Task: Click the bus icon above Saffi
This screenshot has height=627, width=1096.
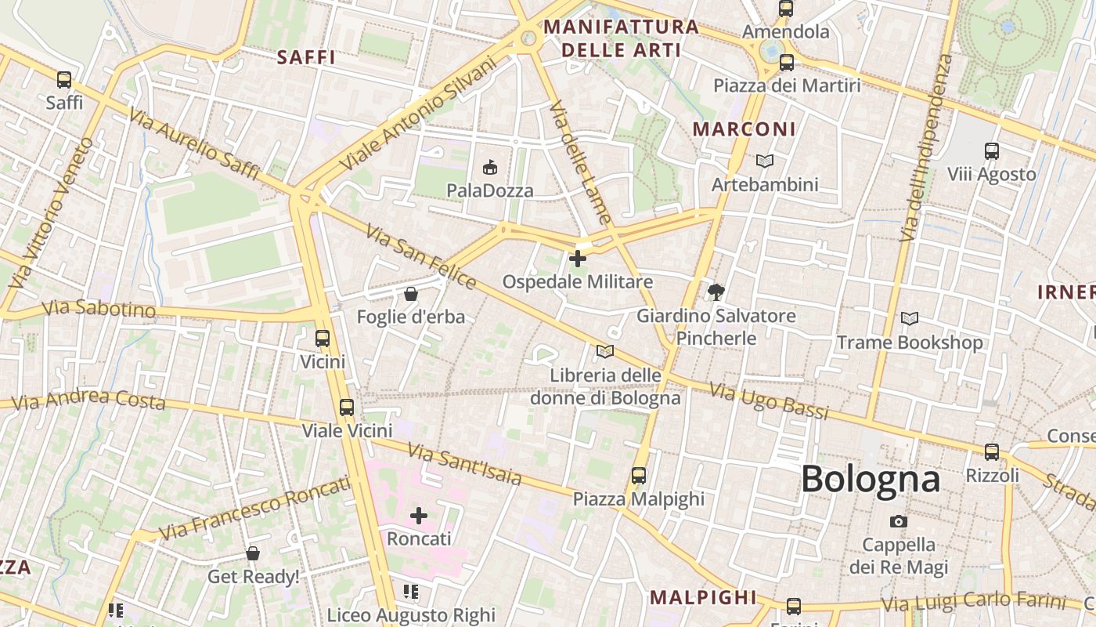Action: coord(64,79)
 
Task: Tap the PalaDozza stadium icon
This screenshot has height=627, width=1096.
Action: coord(490,167)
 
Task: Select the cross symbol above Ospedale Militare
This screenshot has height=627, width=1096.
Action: coord(578,258)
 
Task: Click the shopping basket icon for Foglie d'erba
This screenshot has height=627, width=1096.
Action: coord(410,294)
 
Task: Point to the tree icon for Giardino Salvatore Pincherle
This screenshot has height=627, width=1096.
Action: coord(716,292)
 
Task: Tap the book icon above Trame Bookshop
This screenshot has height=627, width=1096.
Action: coord(909,319)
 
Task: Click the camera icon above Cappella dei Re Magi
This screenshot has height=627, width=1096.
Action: coord(899,521)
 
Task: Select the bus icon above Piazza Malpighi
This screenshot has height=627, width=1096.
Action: coord(639,475)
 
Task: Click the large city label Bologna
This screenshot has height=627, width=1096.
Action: coord(870,479)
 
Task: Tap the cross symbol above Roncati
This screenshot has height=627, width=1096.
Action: coord(419,515)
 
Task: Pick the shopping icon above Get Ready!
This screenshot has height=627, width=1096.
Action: coord(253,553)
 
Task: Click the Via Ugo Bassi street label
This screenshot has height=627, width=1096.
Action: coord(768,401)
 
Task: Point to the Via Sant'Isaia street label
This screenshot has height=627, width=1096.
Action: coord(464,463)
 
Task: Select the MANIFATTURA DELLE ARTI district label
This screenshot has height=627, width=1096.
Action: coord(621,38)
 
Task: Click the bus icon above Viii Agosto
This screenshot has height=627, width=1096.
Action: coord(991,150)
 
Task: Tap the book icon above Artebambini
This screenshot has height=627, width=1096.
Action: coord(764,161)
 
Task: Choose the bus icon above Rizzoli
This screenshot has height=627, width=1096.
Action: coord(992,451)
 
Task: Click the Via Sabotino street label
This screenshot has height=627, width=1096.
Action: coord(99,308)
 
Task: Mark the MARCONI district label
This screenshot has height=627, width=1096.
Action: coord(744,129)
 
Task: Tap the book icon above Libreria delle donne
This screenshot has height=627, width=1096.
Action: coord(604,351)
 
